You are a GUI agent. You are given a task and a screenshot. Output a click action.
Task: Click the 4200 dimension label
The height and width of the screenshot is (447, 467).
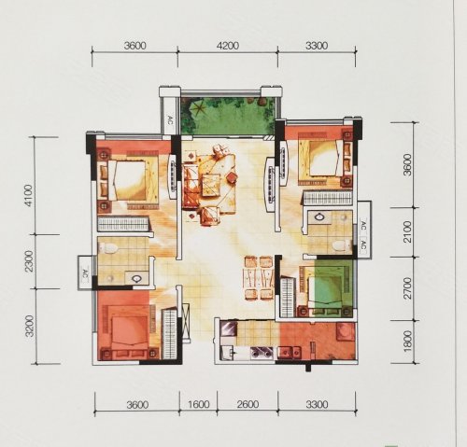228,46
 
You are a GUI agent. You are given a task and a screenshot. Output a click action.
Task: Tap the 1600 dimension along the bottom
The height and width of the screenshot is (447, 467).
199,404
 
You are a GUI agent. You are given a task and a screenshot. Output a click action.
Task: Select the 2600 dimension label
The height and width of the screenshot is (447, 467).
248,404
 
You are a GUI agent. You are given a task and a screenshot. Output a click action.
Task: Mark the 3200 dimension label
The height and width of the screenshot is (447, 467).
30,326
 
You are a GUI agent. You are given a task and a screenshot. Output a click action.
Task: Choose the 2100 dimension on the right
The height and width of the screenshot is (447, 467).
407,232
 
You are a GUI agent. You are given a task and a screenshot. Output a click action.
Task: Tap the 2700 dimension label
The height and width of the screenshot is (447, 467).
407,288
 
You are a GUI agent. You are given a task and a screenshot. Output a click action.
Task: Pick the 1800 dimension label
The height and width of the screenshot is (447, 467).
407,342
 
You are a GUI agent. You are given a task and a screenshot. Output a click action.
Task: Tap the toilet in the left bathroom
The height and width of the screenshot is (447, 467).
107,248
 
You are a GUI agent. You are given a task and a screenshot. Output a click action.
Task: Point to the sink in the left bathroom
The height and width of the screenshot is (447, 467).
136,278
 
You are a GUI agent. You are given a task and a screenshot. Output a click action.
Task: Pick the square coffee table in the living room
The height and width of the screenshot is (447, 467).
211,186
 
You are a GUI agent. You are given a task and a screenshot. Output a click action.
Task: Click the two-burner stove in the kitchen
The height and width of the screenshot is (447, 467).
262,353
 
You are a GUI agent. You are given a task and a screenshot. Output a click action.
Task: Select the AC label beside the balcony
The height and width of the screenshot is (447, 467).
170,120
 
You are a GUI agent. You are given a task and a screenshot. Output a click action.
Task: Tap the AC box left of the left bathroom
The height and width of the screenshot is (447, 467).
85,272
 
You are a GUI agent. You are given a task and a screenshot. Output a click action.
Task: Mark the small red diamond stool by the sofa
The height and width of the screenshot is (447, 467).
231,178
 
